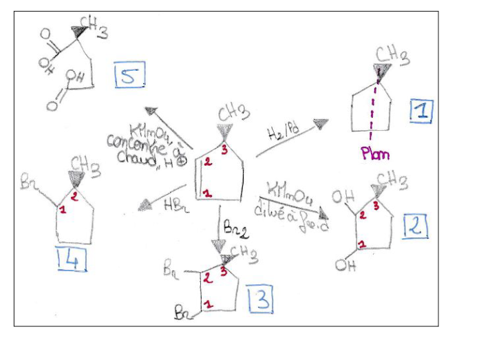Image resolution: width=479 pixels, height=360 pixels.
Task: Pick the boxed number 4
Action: click(72, 259)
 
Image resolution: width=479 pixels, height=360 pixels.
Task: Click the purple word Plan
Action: click(375, 153)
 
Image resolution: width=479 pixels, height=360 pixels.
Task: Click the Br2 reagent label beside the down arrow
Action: click(235, 225)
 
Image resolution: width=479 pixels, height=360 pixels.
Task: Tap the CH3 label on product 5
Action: click(94, 28)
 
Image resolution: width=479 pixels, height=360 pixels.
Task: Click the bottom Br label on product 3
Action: click(183, 315)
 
